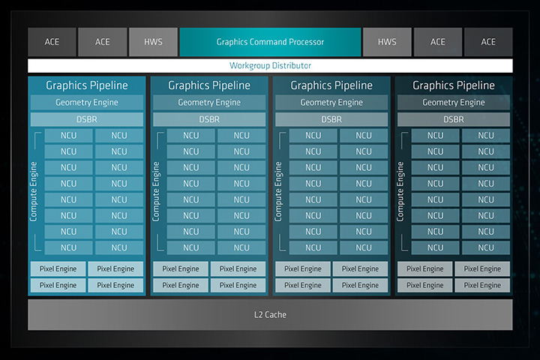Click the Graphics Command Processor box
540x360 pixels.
click(269, 42)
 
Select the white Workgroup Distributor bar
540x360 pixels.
click(270, 66)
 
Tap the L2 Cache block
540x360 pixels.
click(270, 315)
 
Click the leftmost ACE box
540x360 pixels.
click(52, 42)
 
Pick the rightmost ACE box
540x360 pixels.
click(488, 42)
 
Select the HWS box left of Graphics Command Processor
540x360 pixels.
click(153, 42)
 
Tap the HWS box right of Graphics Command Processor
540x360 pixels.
click(387, 42)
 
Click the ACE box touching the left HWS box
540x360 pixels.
click(102, 42)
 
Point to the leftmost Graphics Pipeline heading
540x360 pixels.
click(87, 85)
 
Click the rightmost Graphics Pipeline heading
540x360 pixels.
click(454, 85)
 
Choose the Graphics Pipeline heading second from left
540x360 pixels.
click(209, 85)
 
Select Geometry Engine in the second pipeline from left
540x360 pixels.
click(209, 103)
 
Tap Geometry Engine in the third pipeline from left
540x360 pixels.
click(331, 103)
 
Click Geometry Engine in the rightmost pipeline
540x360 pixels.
click(454, 103)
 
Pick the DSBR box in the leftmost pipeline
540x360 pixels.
click(87, 119)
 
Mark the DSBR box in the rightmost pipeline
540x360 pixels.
click(454, 119)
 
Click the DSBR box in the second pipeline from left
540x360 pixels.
click(209, 119)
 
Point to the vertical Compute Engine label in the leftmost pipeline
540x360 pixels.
click(34, 191)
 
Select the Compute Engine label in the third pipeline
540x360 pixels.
click(278, 191)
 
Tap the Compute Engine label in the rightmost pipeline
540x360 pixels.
click(400, 191)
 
